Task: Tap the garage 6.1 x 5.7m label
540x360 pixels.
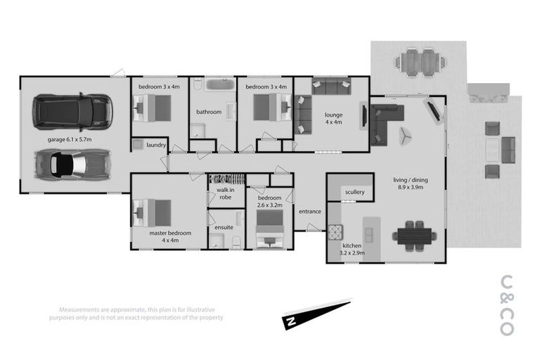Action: coord(70,140)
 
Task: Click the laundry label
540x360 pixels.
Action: coord(155,146)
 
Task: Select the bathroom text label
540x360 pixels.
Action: coord(209,112)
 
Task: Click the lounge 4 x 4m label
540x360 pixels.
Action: coord(333,118)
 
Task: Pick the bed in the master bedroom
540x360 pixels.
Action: coord(153,210)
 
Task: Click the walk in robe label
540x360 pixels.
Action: coord(226,193)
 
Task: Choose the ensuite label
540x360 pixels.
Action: coord(224,227)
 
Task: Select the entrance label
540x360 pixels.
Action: coord(309,211)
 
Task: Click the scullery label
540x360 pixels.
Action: coord(354,193)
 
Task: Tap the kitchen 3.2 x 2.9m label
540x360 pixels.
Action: coord(352,250)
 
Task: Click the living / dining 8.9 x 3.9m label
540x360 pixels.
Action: coord(410,184)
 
